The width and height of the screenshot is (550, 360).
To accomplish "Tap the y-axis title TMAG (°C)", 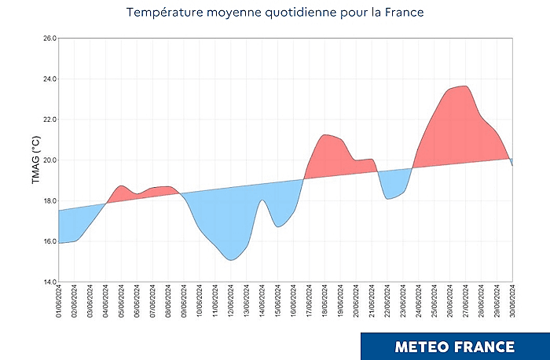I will click(x=35, y=160).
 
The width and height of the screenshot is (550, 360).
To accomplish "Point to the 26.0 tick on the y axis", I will click(x=48, y=39).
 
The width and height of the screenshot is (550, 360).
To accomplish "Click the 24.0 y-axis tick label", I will click(x=48, y=79).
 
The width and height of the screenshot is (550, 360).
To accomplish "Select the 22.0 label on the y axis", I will click(x=48, y=119).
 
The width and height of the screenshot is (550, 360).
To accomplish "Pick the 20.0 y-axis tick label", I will click(x=48, y=160).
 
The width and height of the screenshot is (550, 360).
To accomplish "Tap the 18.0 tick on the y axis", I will click(x=48, y=200).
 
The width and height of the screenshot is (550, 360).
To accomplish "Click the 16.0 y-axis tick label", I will click(x=48, y=241).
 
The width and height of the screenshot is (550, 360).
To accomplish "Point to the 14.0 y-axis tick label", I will click(x=48, y=281).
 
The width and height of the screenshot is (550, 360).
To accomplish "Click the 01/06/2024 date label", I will click(x=59, y=303).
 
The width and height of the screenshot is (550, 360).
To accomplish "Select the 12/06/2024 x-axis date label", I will click(x=231, y=303).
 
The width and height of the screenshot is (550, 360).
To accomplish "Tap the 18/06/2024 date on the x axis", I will click(x=324, y=303).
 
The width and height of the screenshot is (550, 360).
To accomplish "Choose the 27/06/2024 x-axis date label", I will click(x=466, y=303).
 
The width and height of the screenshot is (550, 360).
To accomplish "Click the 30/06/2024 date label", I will click(x=512, y=303).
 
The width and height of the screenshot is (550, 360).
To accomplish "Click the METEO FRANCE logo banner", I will click(x=455, y=346).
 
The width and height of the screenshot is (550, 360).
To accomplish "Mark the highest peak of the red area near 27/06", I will click(x=465, y=87).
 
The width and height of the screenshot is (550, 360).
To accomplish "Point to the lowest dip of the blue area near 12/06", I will click(x=230, y=259).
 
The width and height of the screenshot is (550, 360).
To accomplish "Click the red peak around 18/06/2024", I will click(x=325, y=136).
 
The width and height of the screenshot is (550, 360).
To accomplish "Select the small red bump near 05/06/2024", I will click(x=121, y=187).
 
